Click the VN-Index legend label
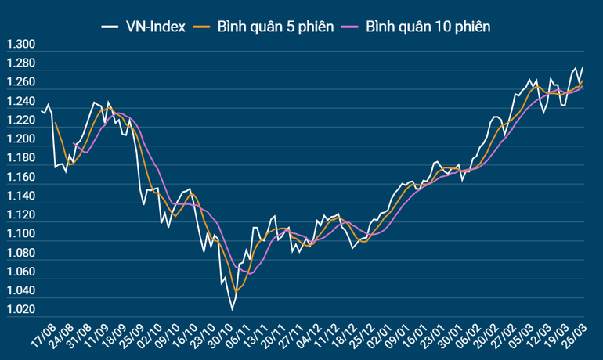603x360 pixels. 155,27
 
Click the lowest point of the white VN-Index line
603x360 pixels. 232,311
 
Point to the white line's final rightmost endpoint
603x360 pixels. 583,68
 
